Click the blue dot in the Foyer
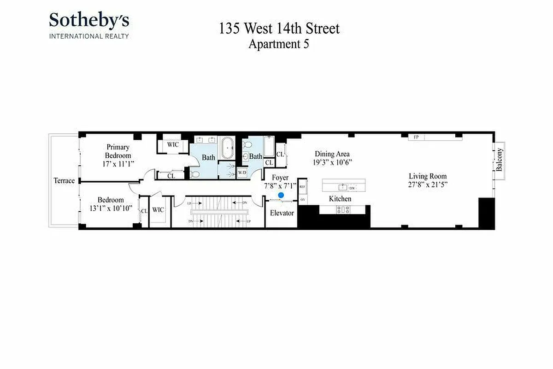point(281,196)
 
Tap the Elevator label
point(282,213)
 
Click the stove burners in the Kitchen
point(343,209)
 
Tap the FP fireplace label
point(416,137)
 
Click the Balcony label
point(500,160)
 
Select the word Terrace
point(64,180)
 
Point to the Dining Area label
point(332,154)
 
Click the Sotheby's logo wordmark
point(89,20)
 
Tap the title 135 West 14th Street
point(279,29)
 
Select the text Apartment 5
point(278,44)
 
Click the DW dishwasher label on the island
point(352,188)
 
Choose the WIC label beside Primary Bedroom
point(173,144)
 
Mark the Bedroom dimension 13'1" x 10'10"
point(111,208)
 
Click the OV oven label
point(302,199)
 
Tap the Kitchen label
point(340,199)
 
